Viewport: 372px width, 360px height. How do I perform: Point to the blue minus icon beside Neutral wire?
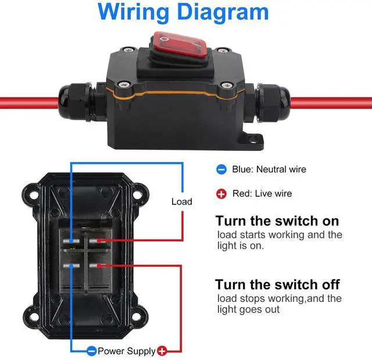221,170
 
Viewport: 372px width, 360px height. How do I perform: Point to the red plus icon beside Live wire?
221,193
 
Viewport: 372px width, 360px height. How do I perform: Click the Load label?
181,201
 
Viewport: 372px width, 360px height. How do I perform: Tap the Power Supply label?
126,351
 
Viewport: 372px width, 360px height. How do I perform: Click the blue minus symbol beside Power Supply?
91,351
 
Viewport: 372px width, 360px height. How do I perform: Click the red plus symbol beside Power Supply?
162,351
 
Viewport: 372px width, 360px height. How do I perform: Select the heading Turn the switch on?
277,221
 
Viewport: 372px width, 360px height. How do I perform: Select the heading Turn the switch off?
277,285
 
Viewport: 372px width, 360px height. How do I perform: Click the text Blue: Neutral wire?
269,170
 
